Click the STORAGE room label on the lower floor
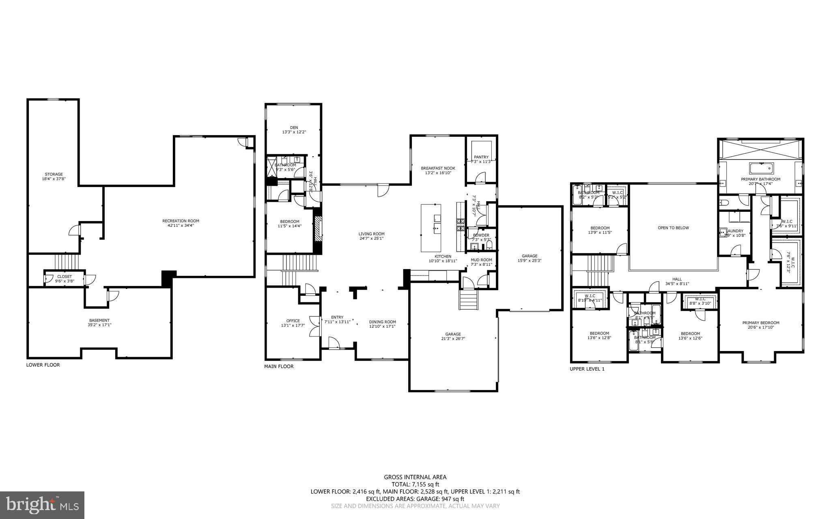pyautogui.click(x=54, y=174)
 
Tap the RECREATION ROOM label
pyautogui.click(x=181, y=221)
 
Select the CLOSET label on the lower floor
pyautogui.click(x=65, y=276)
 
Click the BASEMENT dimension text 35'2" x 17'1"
pyautogui.click(x=99, y=325)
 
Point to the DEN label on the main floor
pyautogui.click(x=294, y=127)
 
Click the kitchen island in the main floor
pyautogui.click(x=431, y=228)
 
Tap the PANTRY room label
pyautogui.click(x=481, y=157)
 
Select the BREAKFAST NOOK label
pyautogui.click(x=438, y=168)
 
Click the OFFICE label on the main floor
pyautogui.click(x=293, y=321)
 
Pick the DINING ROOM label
pyautogui.click(x=382, y=322)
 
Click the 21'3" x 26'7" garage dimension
pyautogui.click(x=452, y=338)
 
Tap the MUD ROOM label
pyautogui.click(x=481, y=260)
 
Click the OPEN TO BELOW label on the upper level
pyautogui.click(x=673, y=228)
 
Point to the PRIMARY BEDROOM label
pyautogui.click(x=761, y=323)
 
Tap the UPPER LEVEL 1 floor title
pyautogui.click(x=587, y=369)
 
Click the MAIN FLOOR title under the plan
pyautogui.click(x=279, y=366)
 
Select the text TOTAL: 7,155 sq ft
pyautogui.click(x=415, y=484)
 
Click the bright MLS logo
pyautogui.click(x=42, y=505)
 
